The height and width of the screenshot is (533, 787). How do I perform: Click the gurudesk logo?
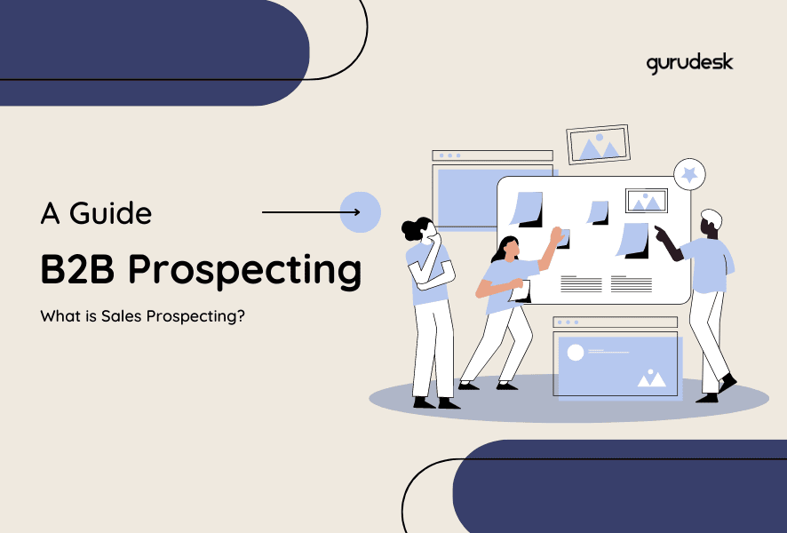[x=689, y=64]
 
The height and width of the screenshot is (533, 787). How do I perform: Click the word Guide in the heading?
[x=110, y=213]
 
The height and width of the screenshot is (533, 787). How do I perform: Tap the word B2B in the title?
[x=77, y=269]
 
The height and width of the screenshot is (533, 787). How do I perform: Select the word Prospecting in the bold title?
[x=244, y=272]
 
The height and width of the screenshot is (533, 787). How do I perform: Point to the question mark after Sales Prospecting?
[x=241, y=315]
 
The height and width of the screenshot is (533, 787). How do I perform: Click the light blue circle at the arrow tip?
[x=361, y=212]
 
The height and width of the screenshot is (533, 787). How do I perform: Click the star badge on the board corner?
[x=689, y=175]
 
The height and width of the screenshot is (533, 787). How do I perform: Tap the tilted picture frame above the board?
[x=599, y=144]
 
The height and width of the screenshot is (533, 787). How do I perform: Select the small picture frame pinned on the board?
[x=647, y=201]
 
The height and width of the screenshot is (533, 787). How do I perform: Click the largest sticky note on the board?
[x=527, y=209]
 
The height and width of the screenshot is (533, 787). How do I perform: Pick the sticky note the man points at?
[x=633, y=240]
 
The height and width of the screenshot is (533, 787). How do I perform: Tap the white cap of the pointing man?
[x=712, y=218]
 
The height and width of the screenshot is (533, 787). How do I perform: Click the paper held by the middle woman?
[x=521, y=291]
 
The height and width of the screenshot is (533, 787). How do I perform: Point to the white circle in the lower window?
[x=576, y=353]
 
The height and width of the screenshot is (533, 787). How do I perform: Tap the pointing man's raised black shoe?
[x=727, y=383]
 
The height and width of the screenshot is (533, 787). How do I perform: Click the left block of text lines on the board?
[x=581, y=283]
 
